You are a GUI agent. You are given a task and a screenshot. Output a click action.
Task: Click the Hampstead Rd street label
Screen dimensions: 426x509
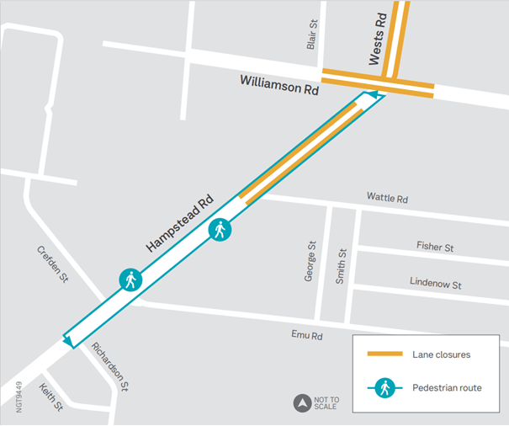[x=179, y=225]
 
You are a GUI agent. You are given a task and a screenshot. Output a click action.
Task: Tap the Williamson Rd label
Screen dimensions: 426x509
[x=278, y=83]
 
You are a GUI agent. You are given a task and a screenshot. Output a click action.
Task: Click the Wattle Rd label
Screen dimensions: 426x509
[x=387, y=200]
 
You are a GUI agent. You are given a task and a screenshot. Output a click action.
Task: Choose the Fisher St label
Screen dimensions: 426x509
[x=435, y=247]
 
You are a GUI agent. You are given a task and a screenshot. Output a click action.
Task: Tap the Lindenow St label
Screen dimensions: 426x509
[x=435, y=283]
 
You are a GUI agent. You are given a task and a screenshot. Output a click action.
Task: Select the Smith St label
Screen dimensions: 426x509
[x=341, y=265]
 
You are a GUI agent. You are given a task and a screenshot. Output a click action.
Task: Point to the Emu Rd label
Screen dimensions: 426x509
[x=307, y=335]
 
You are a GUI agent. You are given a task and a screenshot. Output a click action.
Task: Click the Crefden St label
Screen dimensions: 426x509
[x=51, y=264]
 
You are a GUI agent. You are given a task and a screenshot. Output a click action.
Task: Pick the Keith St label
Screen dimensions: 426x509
[x=51, y=397]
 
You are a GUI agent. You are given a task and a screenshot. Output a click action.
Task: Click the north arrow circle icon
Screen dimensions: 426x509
[x=301, y=403]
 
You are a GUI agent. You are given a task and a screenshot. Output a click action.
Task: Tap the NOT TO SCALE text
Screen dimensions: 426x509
[x=326, y=403]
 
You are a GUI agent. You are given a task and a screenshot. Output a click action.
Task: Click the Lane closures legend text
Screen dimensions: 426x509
[x=441, y=354]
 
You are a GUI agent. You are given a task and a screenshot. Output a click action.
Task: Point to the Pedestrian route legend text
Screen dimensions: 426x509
[x=447, y=388]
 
